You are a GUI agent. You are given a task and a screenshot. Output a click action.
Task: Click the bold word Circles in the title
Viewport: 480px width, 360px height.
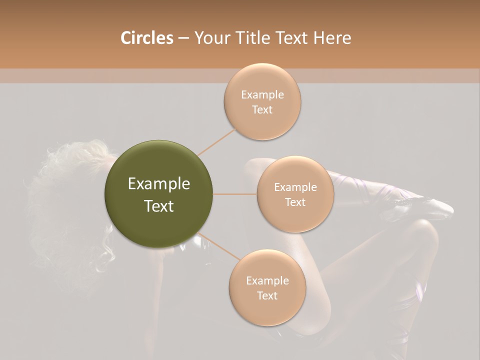point(146,38)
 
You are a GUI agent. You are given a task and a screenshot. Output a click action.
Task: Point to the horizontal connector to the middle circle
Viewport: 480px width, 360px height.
point(235,194)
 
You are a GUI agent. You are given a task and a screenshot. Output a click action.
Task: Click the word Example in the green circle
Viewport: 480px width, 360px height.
point(158,184)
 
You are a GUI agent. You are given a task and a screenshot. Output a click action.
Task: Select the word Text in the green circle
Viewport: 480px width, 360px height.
point(158,206)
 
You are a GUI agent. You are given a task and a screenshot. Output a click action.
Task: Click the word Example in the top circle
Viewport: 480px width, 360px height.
point(262,94)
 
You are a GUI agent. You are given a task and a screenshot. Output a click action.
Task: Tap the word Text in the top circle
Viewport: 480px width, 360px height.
point(262,109)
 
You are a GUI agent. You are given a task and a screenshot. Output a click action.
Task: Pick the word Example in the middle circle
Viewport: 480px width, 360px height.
point(295,187)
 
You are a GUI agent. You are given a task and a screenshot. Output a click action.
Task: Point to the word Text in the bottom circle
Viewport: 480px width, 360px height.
point(267,295)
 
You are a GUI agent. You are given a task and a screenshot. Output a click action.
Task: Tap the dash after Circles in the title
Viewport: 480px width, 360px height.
point(183,38)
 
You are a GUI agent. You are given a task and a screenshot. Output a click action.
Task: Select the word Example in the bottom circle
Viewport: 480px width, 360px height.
point(267,280)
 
